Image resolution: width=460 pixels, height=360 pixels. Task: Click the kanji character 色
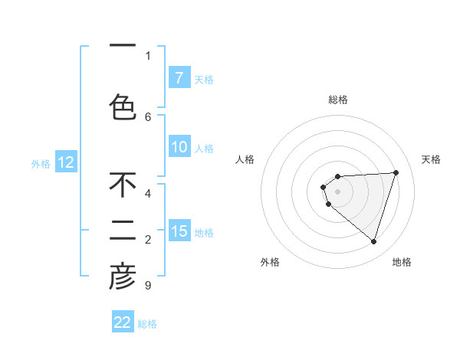point(123,106)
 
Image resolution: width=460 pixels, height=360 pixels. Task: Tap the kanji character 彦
point(123,277)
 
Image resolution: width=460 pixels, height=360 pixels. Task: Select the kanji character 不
point(123,185)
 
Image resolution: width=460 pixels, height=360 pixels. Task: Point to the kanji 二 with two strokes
point(123,231)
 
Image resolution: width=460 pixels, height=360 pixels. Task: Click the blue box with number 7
point(179,78)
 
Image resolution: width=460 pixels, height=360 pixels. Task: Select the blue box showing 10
point(179,147)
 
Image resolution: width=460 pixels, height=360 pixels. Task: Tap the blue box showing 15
point(179,231)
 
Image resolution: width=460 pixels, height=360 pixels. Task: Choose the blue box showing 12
point(66,162)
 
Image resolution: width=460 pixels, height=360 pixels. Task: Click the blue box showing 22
point(123,322)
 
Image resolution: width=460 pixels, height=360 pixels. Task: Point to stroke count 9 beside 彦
point(147,286)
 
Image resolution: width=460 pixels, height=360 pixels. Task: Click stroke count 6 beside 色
point(148,117)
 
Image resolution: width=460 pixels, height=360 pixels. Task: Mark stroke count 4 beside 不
point(148,193)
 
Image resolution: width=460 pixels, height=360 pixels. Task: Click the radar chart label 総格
point(337,100)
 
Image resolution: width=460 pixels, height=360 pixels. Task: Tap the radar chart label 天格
point(432,159)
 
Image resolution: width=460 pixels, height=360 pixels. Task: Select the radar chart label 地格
point(402,262)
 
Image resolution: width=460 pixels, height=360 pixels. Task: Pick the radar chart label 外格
point(270,262)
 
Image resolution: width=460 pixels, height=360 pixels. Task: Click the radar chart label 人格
point(245,159)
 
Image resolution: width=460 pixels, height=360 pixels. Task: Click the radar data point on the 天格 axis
point(396,172)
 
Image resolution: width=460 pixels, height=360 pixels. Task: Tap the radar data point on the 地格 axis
point(373,242)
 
